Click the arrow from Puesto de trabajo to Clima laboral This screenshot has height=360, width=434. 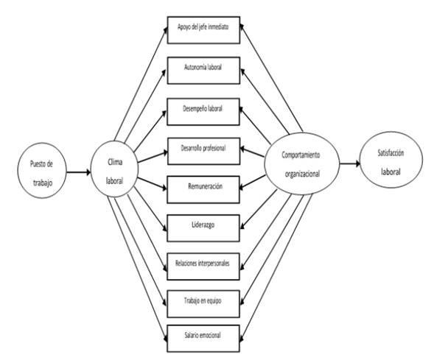point(79,172)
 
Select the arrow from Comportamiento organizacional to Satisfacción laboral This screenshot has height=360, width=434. point(350,163)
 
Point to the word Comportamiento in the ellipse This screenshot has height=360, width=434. point(301,155)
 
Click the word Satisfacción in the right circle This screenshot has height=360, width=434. point(391,153)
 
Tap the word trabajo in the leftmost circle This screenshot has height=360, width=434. point(43,183)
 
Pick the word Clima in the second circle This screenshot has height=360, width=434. point(115,162)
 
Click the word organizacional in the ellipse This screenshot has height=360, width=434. point(302,174)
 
